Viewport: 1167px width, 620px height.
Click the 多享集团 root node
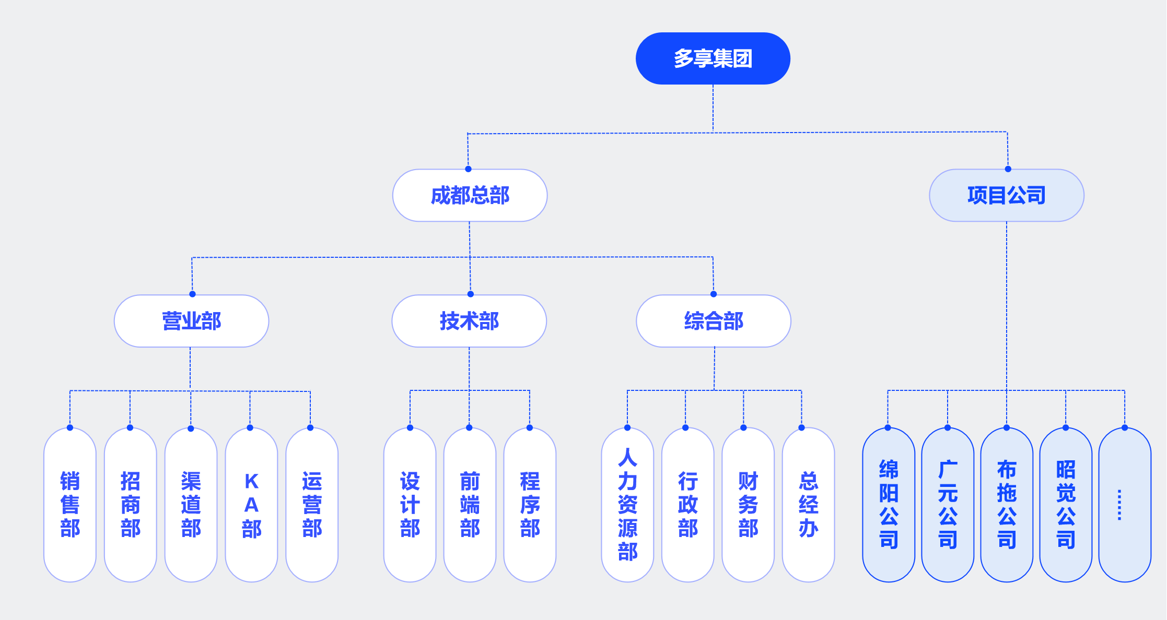pos(713,58)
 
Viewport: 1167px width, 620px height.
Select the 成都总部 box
pos(470,195)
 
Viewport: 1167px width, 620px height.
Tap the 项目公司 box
pos(1007,195)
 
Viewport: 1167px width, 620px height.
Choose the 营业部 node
pos(191,321)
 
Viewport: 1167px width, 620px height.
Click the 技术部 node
pos(469,321)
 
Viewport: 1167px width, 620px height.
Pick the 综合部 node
pos(714,321)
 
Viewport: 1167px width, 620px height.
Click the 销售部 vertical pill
pos(70,505)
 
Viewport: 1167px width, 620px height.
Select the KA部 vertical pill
pos(251,505)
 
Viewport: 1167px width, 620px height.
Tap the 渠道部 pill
pos(191,505)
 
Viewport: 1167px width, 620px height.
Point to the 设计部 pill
pos(410,505)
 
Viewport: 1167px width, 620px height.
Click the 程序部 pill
pos(530,505)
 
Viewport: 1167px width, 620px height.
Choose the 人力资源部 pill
pos(627,505)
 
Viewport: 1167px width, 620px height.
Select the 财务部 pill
pos(748,505)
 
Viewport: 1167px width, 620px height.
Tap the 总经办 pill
pos(808,505)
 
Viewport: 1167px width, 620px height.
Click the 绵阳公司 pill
pos(889,505)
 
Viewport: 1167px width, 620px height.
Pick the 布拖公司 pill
pos(1007,505)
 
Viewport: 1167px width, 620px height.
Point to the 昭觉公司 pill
pos(1066,505)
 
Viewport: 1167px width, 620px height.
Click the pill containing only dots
pos(1125,505)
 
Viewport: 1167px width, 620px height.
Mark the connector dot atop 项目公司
pos(1008,169)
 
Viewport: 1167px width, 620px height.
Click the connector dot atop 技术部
pos(470,294)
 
